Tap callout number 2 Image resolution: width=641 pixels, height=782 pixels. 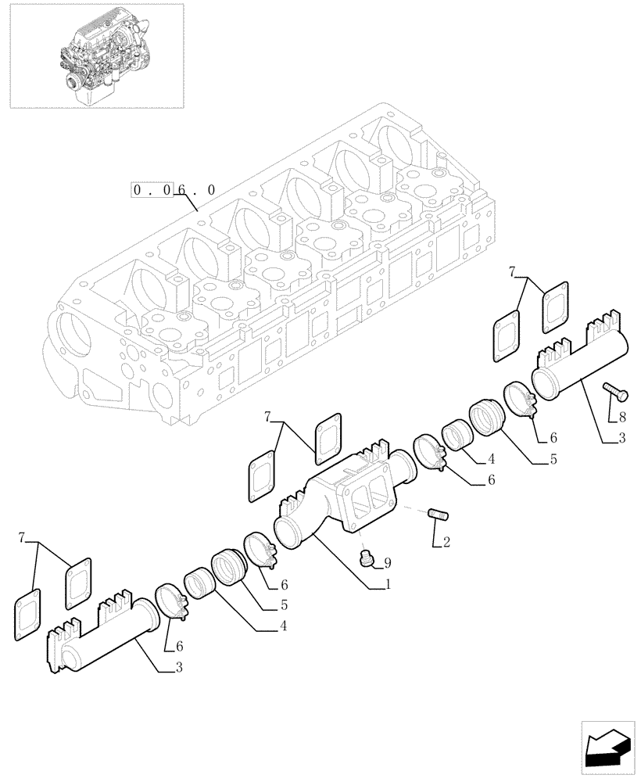446,542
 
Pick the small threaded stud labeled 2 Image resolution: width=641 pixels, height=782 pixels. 439,515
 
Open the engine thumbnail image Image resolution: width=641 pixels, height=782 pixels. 96,55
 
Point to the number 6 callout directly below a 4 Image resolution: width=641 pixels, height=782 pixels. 491,482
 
